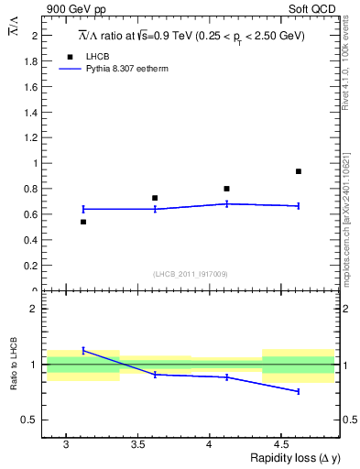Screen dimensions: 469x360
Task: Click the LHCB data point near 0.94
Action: point(299,171)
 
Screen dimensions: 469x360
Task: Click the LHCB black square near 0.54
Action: point(83,222)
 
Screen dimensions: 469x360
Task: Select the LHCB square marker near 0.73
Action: point(155,198)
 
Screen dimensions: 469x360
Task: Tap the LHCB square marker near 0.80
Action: point(226,189)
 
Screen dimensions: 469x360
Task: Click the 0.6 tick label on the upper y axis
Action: point(30,214)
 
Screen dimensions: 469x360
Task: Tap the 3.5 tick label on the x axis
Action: point(137,444)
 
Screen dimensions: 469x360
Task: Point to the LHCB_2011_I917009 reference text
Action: point(190,274)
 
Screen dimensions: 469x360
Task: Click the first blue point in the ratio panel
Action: point(83,350)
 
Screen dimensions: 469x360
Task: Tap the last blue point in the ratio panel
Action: point(299,391)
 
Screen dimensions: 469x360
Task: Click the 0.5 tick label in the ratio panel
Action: point(30,420)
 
